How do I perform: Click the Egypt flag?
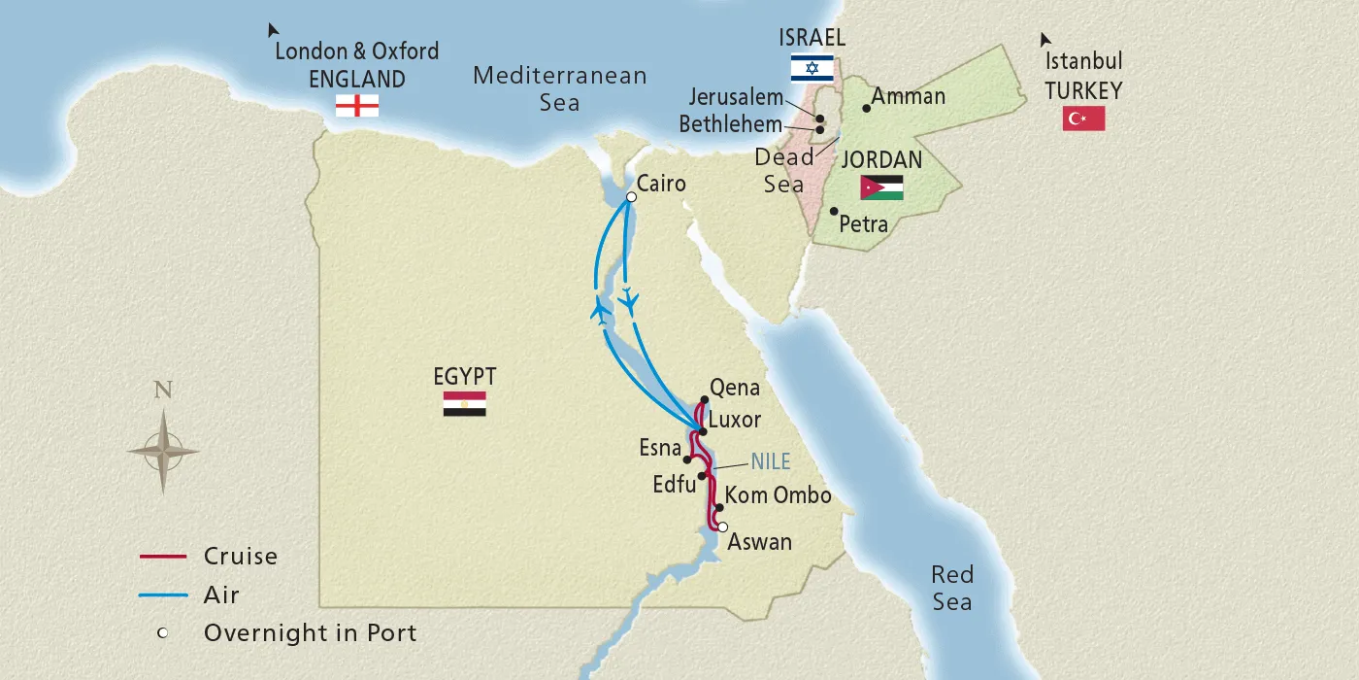point(464,404)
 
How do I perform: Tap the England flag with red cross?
point(356,105)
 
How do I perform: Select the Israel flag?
point(812,67)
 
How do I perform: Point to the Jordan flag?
point(881,187)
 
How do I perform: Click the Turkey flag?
point(1083,119)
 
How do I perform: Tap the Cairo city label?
point(662,184)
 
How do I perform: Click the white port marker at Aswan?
point(722,527)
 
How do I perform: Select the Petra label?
point(863,224)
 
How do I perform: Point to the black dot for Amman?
point(867,108)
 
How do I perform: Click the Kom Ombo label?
point(779,495)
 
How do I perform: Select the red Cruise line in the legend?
point(162,557)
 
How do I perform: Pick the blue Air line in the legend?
point(162,595)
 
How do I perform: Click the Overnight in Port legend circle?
point(162,633)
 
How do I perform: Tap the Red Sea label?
point(951,587)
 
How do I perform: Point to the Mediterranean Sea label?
point(559,88)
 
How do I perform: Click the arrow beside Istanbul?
point(1044,40)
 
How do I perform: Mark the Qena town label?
point(735,388)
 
